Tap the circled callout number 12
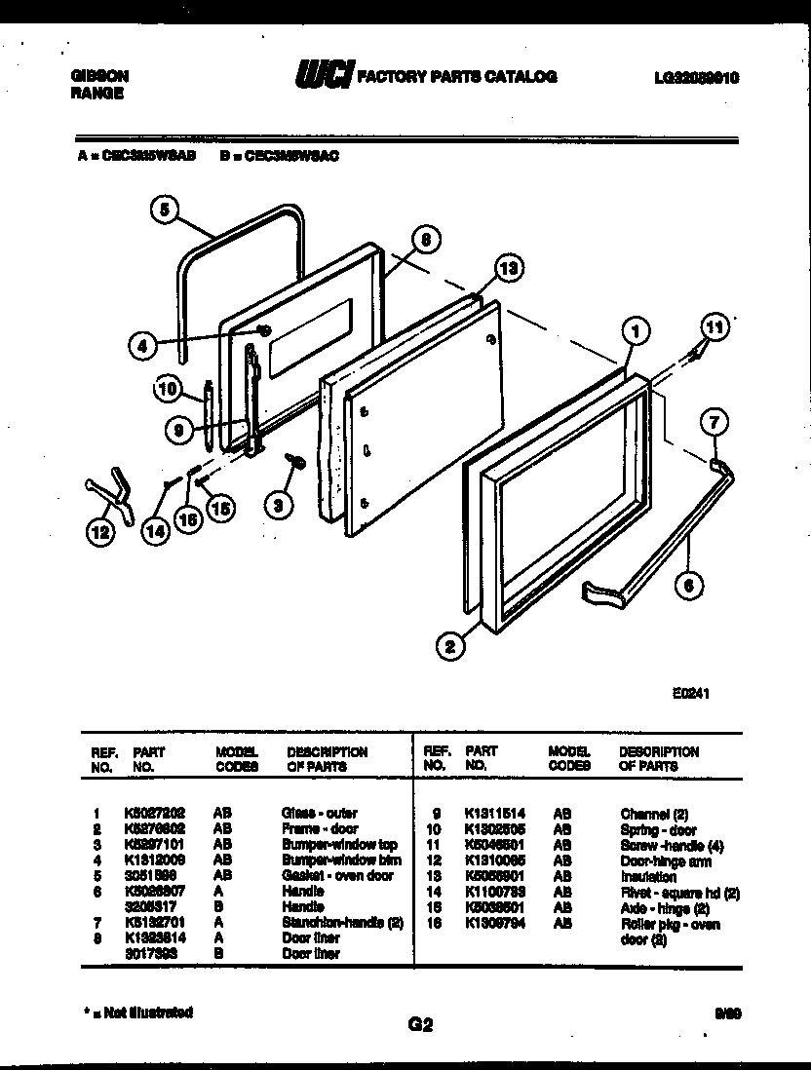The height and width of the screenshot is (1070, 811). (98, 532)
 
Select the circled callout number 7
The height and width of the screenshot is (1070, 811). (713, 422)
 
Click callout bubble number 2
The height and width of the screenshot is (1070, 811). (450, 644)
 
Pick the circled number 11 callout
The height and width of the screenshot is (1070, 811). (714, 327)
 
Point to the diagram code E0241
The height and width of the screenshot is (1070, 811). (689, 694)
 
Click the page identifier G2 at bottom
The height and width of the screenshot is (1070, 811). (419, 1024)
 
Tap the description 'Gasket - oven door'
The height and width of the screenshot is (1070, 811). (336, 875)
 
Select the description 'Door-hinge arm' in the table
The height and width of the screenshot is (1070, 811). (665, 861)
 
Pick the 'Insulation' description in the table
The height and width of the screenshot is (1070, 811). (648, 877)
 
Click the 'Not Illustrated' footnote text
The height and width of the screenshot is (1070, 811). (135, 1012)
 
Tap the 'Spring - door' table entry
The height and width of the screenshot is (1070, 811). (658, 829)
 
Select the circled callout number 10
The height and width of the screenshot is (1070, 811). (168, 391)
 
